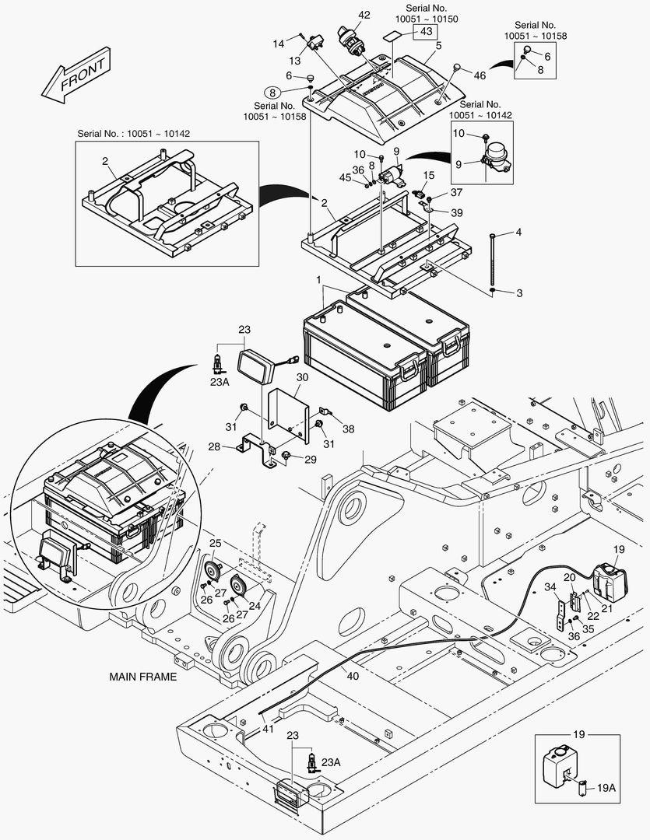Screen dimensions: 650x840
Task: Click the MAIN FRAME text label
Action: tap(142, 677)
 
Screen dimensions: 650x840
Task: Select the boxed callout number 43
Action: tap(425, 32)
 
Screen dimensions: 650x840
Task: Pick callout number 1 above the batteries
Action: tap(318, 279)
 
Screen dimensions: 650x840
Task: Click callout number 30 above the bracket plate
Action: tap(302, 377)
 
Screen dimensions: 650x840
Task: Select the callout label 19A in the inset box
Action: tap(606, 787)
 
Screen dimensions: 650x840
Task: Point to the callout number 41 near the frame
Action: tap(267, 729)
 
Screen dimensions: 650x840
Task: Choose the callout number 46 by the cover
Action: tap(480, 75)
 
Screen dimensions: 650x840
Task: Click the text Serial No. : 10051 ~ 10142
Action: tap(133, 133)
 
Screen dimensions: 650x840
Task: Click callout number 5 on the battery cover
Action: tap(438, 46)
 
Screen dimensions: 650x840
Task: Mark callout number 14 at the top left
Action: tap(279, 44)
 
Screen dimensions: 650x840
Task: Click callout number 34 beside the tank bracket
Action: tap(550, 587)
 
